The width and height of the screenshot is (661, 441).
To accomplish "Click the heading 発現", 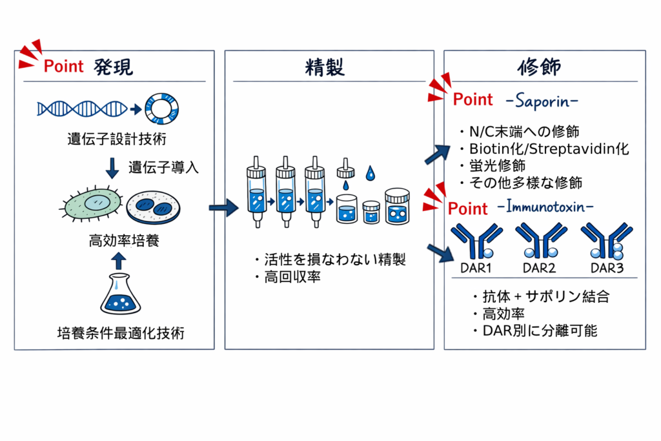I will click(x=113, y=67).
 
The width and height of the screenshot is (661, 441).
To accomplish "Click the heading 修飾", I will click(x=540, y=67).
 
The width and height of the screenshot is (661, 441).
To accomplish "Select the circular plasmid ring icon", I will click(x=161, y=108).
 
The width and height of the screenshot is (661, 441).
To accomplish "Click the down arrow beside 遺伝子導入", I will click(x=112, y=167).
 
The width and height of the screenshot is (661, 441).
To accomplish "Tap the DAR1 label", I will click(x=476, y=267).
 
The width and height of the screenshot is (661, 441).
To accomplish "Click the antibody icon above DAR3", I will click(x=606, y=241).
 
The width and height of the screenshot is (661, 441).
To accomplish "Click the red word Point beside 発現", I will click(x=64, y=66).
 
